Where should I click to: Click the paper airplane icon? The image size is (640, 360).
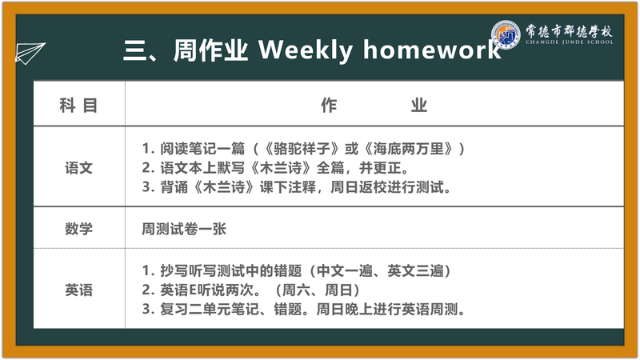tap(30, 53)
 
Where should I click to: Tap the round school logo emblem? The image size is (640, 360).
tap(506, 34)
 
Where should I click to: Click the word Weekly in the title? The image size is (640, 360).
tap(306, 50)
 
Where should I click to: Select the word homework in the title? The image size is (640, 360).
tap(432, 50)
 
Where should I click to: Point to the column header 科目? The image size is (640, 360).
tap(78, 106)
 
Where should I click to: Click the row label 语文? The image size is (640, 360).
tap(78, 168)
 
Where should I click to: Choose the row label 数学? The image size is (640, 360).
tap(78, 228)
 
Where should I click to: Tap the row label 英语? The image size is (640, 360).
tap(78, 290)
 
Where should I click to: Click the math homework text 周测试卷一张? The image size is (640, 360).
tap(184, 229)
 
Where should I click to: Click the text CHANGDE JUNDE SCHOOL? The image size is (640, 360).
tap(570, 42)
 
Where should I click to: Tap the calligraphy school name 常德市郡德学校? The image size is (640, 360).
tap(569, 30)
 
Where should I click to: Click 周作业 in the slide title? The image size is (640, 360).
tap(210, 50)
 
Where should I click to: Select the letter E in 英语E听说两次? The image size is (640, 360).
tap(194, 290)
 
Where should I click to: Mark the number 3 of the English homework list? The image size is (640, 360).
tap(146, 309)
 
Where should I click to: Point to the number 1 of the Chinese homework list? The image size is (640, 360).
tap(146, 149)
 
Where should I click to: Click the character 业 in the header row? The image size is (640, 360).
tap(418, 106)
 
